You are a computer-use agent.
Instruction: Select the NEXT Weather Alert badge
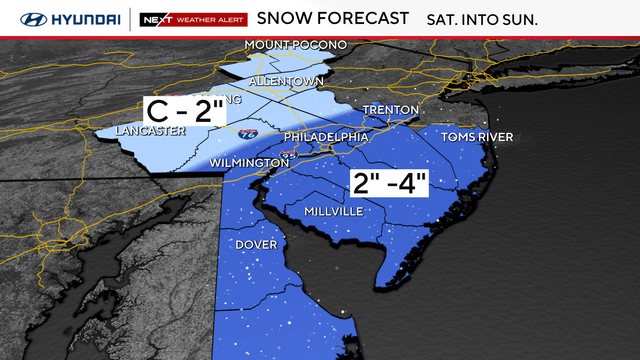tap(191, 19)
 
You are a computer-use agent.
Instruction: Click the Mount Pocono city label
tap(297, 46)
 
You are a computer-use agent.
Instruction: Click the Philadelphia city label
tap(327, 137)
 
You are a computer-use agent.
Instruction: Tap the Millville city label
tap(326, 211)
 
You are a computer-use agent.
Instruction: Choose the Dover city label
tap(256, 244)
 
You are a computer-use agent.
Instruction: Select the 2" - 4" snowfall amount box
tap(389, 184)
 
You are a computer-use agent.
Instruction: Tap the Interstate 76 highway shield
tap(248, 132)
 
